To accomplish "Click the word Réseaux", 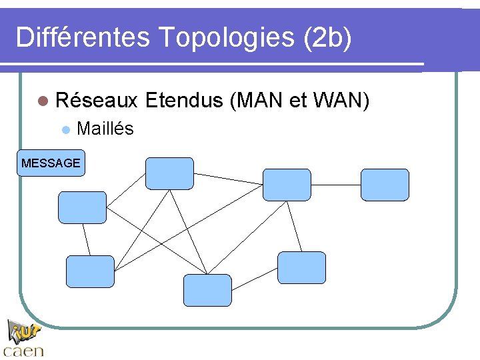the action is tap(97, 101).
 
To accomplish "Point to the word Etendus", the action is tap(183, 101).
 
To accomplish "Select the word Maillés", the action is tap(105, 129).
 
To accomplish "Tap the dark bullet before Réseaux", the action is tap(43, 101).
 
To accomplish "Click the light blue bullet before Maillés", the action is tap(65, 129).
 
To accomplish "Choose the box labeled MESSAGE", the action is tap(51, 163).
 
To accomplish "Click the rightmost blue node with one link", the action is tap(385, 185).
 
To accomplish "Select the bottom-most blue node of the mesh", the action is tap(207, 290).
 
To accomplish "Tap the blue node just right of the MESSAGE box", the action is tap(169, 173).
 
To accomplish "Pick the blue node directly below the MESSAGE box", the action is tap(82, 207).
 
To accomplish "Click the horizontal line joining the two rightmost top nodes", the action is tap(336, 185).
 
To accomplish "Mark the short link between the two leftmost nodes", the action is tap(86, 239).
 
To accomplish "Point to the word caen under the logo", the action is tap(24, 351).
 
